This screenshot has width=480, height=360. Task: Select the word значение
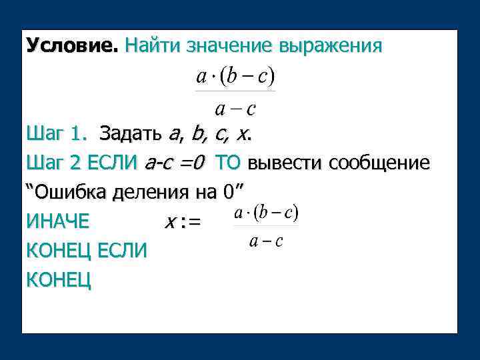(226, 46)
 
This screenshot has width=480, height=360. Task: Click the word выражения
(331, 46)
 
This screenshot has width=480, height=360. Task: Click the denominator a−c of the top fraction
(235, 107)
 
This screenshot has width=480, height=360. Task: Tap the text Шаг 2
(57, 163)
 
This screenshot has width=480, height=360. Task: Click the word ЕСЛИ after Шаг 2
(115, 163)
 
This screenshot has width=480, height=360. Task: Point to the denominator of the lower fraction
(266, 241)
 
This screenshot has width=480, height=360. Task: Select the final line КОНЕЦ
(58, 280)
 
